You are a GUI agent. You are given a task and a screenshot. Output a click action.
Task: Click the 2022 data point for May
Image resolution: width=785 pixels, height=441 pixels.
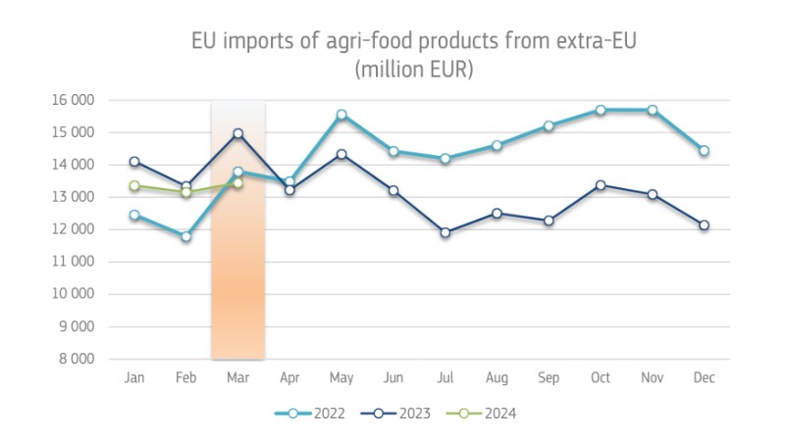click(x=341, y=115)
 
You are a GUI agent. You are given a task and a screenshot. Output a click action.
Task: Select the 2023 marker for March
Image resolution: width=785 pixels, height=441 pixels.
click(x=237, y=133)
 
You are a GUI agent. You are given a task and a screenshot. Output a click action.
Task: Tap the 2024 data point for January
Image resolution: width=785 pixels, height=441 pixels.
click(x=134, y=185)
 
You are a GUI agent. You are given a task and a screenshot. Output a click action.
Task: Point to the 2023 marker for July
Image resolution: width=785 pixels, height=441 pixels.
click(x=445, y=233)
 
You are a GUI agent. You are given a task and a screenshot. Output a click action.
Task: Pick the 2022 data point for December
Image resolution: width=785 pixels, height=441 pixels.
click(x=704, y=151)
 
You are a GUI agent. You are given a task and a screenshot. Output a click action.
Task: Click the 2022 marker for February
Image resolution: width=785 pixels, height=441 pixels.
click(x=185, y=236)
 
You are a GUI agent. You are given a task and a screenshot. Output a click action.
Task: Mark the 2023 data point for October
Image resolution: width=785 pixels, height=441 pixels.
click(x=601, y=185)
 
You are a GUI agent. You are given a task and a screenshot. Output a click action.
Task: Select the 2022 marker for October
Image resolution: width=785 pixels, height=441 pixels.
click(x=601, y=110)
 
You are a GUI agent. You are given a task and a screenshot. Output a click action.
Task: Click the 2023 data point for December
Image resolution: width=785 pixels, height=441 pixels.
click(x=704, y=225)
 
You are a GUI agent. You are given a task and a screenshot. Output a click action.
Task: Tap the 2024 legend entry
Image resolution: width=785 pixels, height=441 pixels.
click(x=481, y=413)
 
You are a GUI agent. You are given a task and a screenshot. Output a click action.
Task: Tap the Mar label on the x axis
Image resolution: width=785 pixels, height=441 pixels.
click(x=237, y=377)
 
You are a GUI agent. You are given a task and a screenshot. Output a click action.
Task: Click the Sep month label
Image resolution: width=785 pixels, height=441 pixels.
click(x=549, y=377)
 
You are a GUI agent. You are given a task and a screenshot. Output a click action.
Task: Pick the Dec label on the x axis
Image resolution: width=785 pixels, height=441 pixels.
click(x=704, y=377)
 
